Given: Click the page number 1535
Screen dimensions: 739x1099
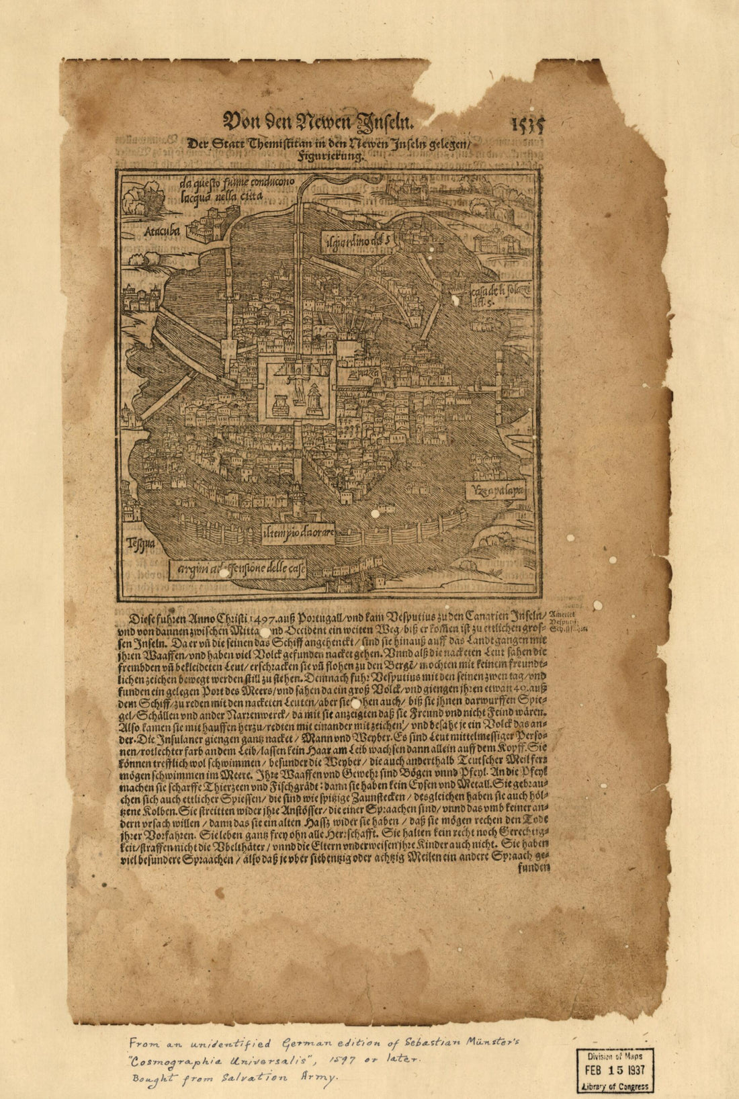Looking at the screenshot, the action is (527, 125).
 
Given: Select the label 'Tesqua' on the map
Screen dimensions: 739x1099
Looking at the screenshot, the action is (138, 543).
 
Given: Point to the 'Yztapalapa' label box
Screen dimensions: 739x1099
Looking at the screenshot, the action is (495, 490).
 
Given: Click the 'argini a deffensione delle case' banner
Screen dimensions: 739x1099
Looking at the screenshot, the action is (238, 571).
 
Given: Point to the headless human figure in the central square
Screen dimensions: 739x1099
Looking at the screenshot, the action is (294, 378).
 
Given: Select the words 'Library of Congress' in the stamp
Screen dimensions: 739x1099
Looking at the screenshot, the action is (615, 1086).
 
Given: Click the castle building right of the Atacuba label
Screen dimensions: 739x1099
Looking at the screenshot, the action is (213, 224).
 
